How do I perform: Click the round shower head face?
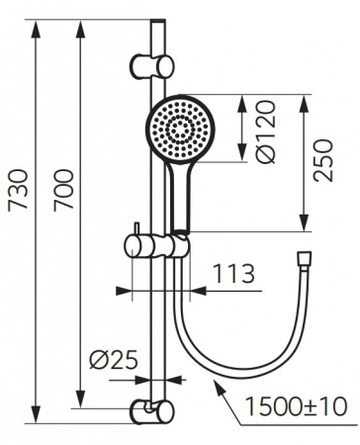coord(179,130)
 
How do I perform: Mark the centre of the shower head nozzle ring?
coord(179,130)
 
